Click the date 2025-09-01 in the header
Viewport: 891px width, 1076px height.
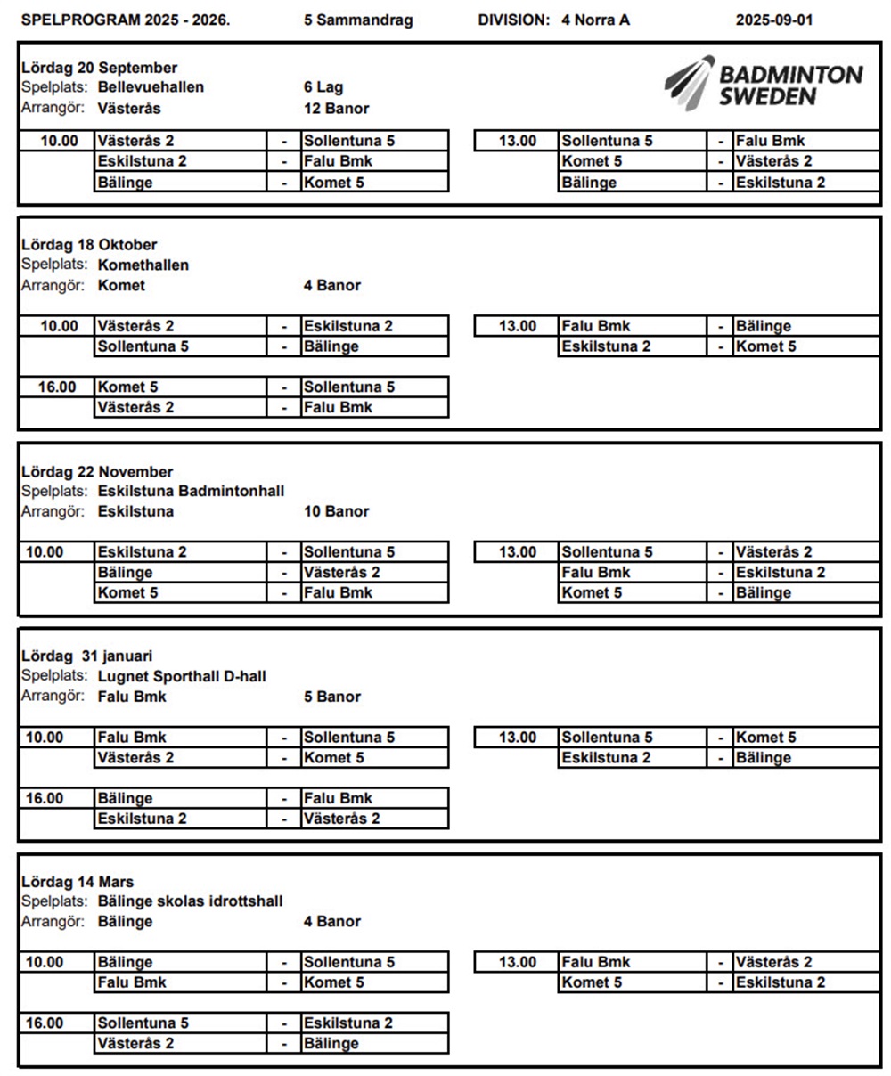click(x=773, y=20)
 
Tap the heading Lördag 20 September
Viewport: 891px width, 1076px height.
click(x=99, y=68)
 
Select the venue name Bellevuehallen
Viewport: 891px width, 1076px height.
click(x=151, y=87)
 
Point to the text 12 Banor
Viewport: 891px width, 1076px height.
click(x=336, y=109)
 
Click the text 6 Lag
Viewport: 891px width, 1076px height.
click(x=323, y=87)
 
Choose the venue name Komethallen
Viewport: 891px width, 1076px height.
click(x=143, y=265)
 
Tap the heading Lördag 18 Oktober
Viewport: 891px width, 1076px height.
click(x=89, y=245)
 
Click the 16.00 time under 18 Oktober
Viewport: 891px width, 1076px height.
click(x=58, y=387)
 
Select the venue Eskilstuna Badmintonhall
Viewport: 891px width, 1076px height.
click(x=191, y=491)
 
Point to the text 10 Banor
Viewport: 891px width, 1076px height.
click(x=336, y=511)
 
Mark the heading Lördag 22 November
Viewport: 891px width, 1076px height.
click(x=97, y=472)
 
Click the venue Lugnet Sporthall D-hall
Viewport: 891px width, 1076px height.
click(x=182, y=677)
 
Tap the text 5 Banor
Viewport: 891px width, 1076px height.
click(x=332, y=697)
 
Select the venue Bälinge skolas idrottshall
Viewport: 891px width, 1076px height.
click(x=190, y=901)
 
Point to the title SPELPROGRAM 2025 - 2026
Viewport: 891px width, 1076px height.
click(x=125, y=20)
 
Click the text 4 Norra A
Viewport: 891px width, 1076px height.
click(x=595, y=20)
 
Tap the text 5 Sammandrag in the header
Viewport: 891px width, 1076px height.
click(x=358, y=20)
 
